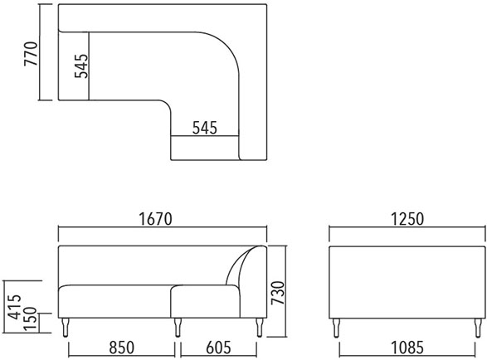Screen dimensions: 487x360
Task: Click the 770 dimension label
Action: coord(31,53)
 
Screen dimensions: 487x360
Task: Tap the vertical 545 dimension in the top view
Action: coord(81,66)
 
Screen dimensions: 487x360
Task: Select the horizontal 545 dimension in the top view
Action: coord(205,128)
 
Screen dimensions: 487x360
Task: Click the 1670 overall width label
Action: coord(155,219)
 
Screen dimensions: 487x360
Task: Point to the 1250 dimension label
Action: coord(407,219)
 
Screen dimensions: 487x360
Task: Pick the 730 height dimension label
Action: coord(278,293)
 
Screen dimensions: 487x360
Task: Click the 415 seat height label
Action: coord(14,307)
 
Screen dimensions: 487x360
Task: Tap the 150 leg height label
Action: coord(31,319)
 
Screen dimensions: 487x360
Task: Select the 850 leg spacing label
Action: coord(122,348)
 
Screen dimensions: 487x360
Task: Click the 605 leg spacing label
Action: coord(219,348)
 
